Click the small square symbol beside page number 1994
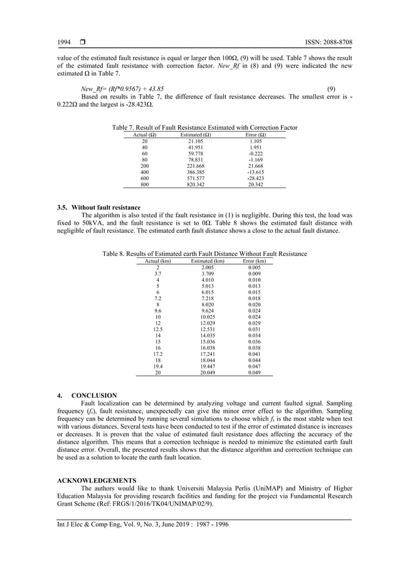tap(82, 43)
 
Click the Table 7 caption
tap(199, 127)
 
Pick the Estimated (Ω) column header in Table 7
tap(196, 134)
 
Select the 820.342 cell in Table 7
tap(196, 184)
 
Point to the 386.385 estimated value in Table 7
tap(196, 171)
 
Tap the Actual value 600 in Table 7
tap(145, 178)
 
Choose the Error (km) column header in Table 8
tap(254, 260)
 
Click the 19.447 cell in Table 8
tap(208, 366)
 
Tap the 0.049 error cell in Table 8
tap(254, 372)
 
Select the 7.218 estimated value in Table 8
tap(208, 298)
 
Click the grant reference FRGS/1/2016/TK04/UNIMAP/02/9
tap(161, 504)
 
